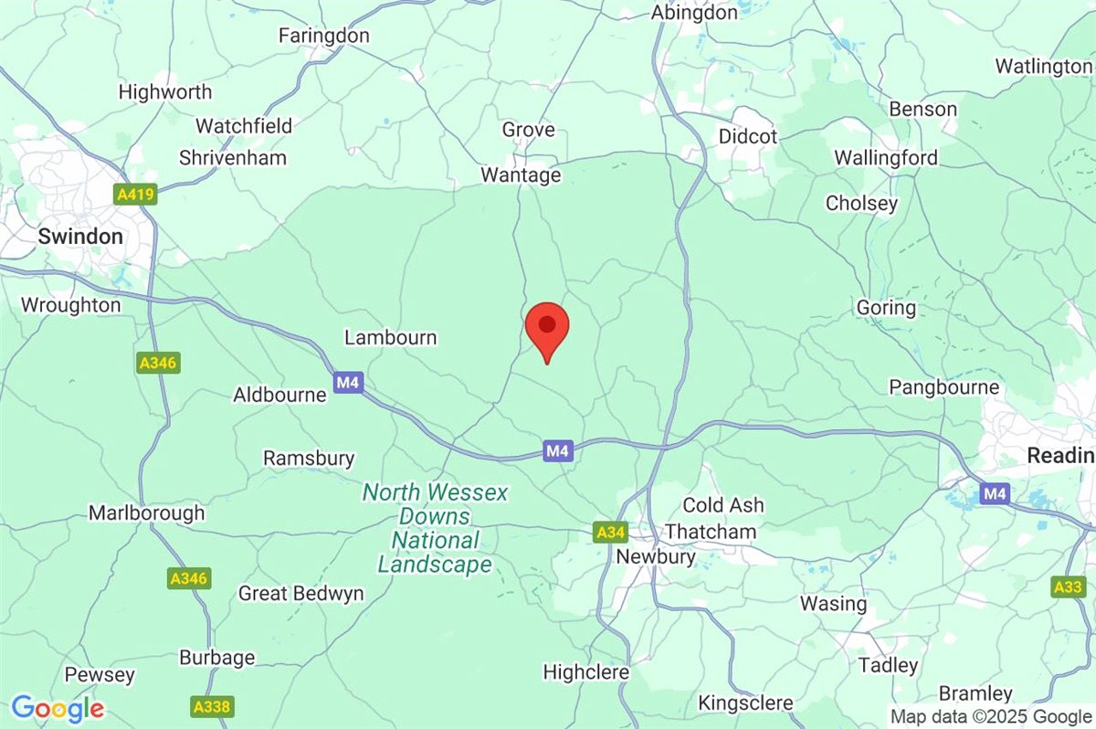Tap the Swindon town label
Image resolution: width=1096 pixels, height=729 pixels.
point(80,236)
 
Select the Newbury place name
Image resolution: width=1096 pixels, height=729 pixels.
point(656,555)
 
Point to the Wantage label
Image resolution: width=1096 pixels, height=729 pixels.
point(522,174)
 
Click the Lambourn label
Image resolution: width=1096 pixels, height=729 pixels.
point(390,337)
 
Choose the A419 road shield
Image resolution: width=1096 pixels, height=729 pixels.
point(136,195)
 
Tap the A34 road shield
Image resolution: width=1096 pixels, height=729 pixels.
point(609,532)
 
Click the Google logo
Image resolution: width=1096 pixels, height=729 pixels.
point(58,708)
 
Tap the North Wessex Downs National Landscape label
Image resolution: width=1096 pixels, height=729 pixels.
point(436,529)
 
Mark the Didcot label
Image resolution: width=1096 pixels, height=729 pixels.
point(748,136)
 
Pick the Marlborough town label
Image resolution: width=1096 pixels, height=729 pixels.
point(146,513)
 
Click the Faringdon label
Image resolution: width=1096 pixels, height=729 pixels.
point(324,36)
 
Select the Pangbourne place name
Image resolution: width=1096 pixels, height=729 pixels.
point(944,386)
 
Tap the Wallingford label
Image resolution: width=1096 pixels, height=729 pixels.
point(886,158)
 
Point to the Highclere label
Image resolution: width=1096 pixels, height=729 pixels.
point(586,671)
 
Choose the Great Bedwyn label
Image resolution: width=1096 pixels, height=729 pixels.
point(300,593)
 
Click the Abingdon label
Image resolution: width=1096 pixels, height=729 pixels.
point(694,13)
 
